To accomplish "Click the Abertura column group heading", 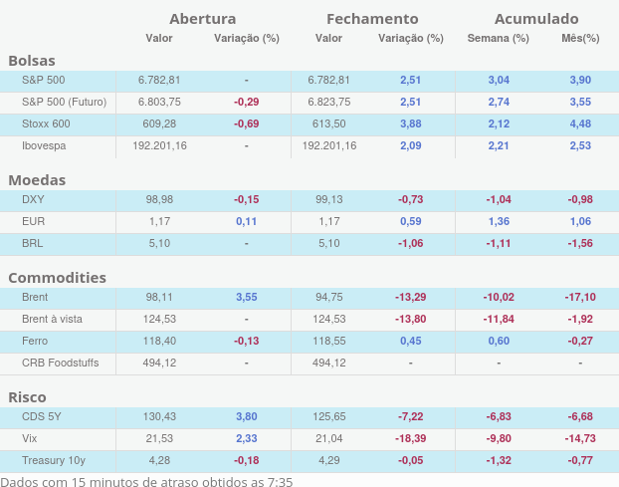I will coord(202,18).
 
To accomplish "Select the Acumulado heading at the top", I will coord(536,18).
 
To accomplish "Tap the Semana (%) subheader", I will coord(498,38).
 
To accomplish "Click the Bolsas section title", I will coord(32,61).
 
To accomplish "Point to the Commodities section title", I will coord(58,277).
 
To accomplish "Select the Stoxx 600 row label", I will coord(46,123).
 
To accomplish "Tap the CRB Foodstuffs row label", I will coord(60,363).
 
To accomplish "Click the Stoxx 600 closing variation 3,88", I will coord(411,123).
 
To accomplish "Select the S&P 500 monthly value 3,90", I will coord(580,80).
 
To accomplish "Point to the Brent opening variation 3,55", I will coord(247,297).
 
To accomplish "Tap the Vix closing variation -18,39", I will coord(411,438).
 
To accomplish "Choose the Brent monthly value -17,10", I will coord(580,297).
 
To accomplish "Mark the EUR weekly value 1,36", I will coord(499,221).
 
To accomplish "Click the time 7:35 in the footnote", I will coord(280,481).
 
